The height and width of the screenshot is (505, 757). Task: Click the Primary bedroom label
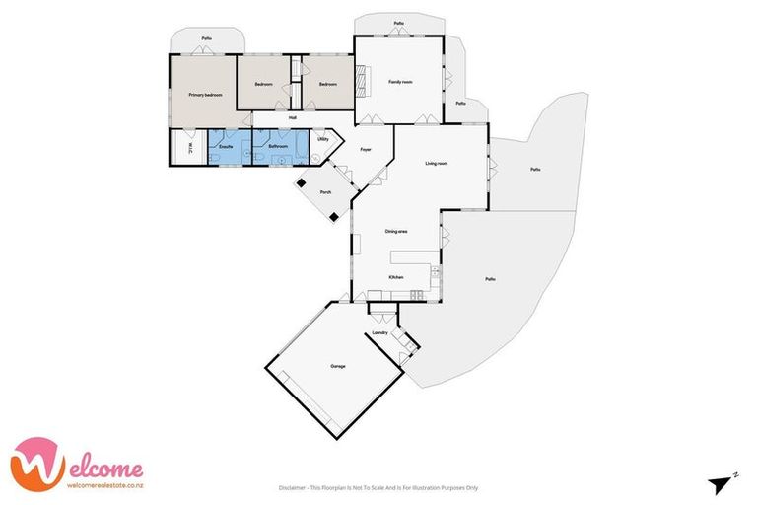(x=206, y=95)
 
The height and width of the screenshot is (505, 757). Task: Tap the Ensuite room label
(x=226, y=147)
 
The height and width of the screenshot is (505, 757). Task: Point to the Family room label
(x=399, y=82)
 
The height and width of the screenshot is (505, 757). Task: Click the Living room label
(x=437, y=163)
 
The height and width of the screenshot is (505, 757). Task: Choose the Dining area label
(x=396, y=231)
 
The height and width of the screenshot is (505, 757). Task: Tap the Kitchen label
(x=396, y=278)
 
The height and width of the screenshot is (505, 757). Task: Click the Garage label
(x=338, y=366)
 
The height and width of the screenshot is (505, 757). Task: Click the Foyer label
(x=365, y=149)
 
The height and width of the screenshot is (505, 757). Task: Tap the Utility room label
(x=322, y=140)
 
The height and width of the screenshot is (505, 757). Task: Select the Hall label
(x=293, y=119)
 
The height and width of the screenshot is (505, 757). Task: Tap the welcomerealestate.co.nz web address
(x=103, y=483)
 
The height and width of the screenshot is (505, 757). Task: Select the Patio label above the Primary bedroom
(x=207, y=38)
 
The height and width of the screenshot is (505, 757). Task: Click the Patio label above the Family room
(x=398, y=23)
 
